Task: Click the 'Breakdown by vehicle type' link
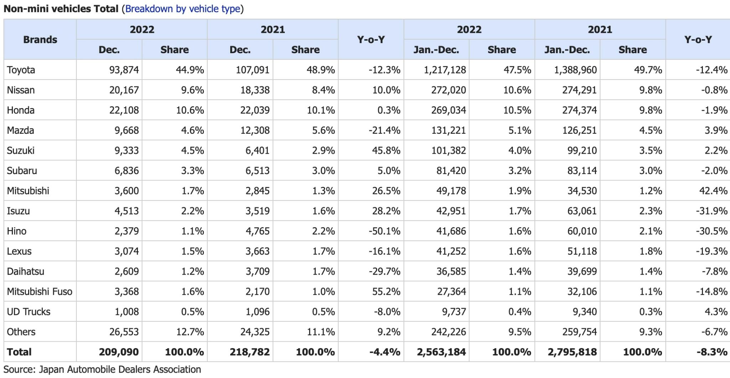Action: [x=182, y=9]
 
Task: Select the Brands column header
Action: [x=40, y=40]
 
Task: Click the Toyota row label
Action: [x=21, y=70]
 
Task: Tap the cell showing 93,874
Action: [x=124, y=70]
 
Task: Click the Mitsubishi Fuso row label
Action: [x=40, y=292]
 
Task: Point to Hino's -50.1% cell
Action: [x=384, y=231]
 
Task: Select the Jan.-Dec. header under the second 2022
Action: [x=436, y=50]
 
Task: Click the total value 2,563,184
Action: [x=441, y=352]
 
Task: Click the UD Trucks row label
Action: [x=29, y=312]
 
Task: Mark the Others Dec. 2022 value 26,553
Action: [x=124, y=332]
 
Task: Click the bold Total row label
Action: [x=19, y=352]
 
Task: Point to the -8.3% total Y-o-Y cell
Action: [x=711, y=352]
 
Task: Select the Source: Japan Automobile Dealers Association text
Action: [x=102, y=369]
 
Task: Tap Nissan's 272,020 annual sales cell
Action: [x=448, y=90]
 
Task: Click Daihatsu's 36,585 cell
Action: [x=451, y=271]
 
